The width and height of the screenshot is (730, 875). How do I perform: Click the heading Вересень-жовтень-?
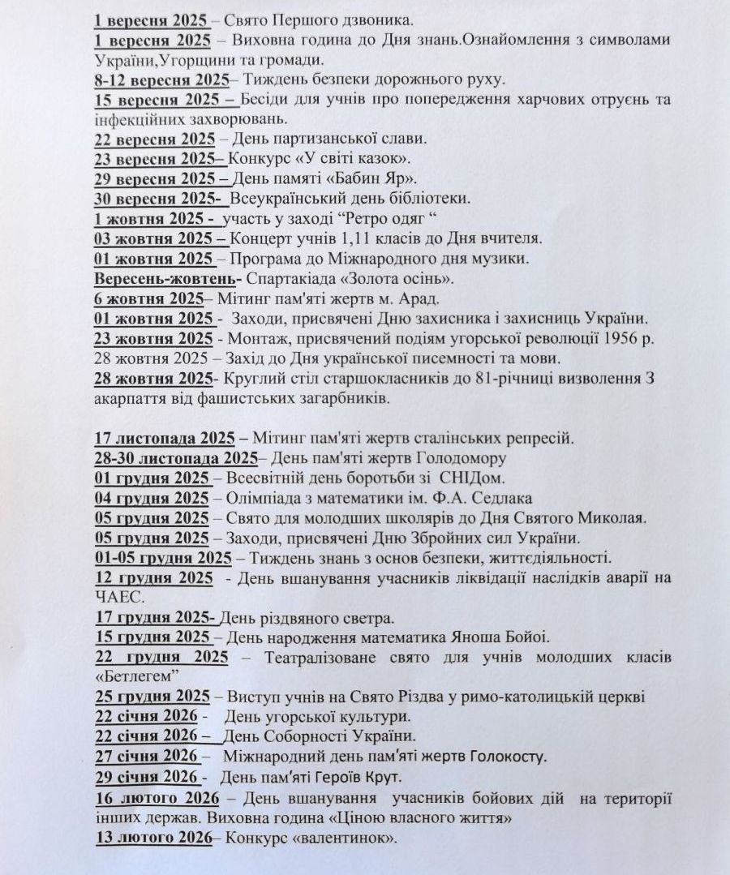pyautogui.click(x=165, y=279)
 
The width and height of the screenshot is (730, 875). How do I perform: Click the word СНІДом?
pyautogui.click(x=479, y=478)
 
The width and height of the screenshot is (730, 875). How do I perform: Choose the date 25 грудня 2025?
pyautogui.click(x=152, y=696)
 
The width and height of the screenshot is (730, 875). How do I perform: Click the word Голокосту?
pyautogui.click(x=502, y=757)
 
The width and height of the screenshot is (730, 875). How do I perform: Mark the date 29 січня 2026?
pyautogui.click(x=147, y=777)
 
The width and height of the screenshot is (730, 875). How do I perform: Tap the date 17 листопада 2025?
pyautogui.click(x=165, y=438)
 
